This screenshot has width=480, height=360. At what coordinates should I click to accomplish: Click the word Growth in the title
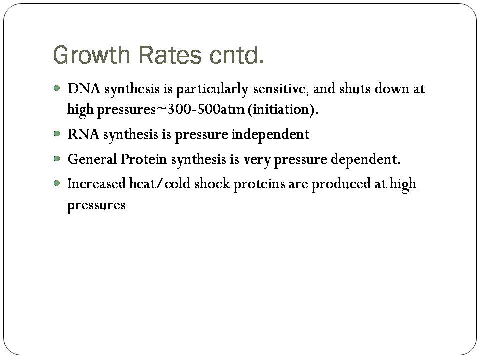coord(91,55)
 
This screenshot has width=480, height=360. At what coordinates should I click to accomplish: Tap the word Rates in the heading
coord(170,55)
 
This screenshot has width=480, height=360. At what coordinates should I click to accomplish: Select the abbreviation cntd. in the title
coord(237,55)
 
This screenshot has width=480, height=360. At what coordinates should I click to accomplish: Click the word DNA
coord(84,89)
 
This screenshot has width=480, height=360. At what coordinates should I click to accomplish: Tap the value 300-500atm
coord(206,109)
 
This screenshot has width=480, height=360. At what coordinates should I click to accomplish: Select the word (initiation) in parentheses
coord(283,110)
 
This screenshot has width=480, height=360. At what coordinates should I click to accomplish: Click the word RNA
coord(83,134)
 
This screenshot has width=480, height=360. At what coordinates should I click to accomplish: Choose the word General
coord(92,159)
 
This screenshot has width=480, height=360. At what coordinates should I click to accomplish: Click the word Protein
coord(144,159)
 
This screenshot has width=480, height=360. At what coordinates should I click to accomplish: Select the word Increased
coord(96,184)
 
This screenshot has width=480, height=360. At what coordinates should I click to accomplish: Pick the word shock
coord(212,184)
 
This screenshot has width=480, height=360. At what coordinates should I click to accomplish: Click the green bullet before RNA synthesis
coord(57,134)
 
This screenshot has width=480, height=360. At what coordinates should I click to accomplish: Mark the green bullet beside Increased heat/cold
coord(57,183)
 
